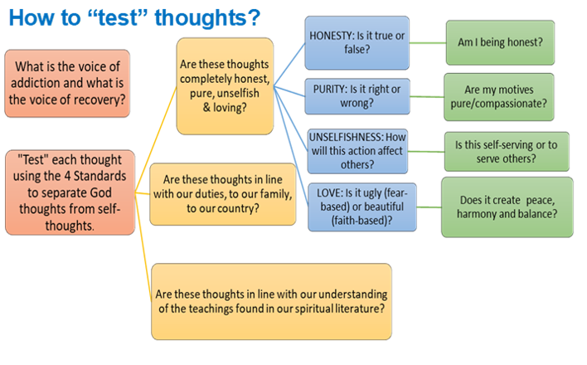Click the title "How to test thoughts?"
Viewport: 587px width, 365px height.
click(134, 17)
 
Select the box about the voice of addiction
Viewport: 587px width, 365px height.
click(67, 83)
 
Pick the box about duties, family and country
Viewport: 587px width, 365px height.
click(222, 193)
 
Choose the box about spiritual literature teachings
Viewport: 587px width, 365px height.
click(272, 300)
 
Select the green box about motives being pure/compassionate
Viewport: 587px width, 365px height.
click(499, 97)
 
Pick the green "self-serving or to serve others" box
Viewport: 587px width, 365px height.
click(506, 151)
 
